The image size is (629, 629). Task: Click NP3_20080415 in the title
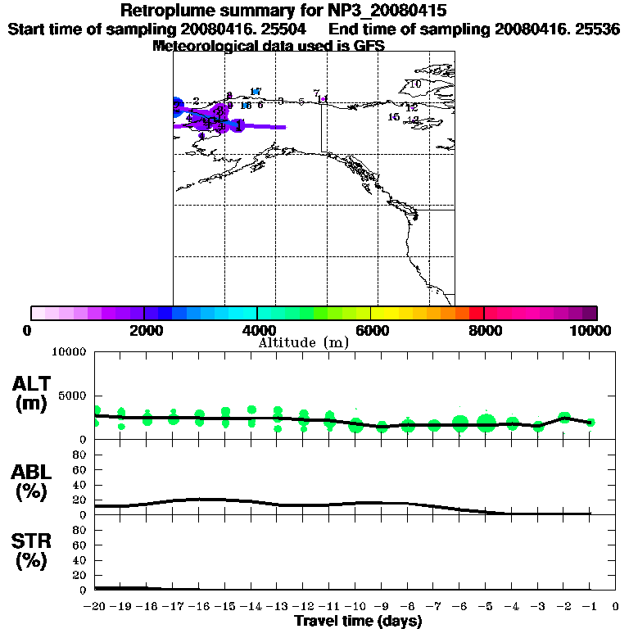(x=395, y=11)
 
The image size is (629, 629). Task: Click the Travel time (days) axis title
(x=358, y=621)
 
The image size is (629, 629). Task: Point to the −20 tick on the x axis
(x=96, y=606)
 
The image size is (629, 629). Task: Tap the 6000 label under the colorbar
(x=370, y=330)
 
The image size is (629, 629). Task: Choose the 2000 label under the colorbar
(x=144, y=330)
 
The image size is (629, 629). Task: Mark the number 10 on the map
(x=415, y=84)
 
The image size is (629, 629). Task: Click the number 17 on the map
(x=256, y=91)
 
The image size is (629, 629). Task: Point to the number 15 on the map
(x=393, y=117)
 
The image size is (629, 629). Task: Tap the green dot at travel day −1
(x=591, y=423)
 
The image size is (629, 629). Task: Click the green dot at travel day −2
(x=564, y=418)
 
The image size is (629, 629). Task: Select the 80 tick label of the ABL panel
(x=82, y=454)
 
